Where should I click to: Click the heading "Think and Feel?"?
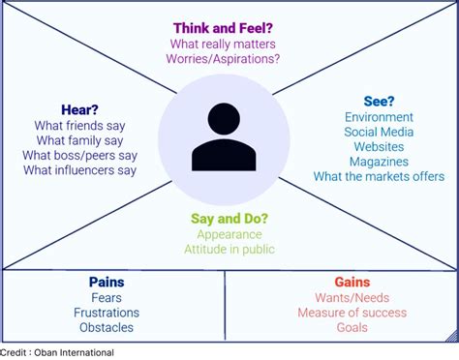pyautogui.click(x=224, y=28)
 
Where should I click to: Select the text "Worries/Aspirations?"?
pyautogui.click(x=224, y=59)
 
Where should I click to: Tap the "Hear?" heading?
pyautogui.click(x=80, y=109)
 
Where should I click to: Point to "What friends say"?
pyautogui.click(x=80, y=125)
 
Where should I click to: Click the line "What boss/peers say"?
pyautogui.click(x=80, y=155)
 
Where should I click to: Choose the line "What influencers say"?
pyautogui.click(x=80, y=170)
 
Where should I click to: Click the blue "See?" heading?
pyautogui.click(x=379, y=102)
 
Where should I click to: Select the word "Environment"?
pyautogui.click(x=379, y=117)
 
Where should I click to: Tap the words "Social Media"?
pyautogui.click(x=379, y=132)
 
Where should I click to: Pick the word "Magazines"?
pyautogui.click(x=379, y=162)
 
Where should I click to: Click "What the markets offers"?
pyautogui.click(x=379, y=176)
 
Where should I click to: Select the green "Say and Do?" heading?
pyautogui.click(x=229, y=219)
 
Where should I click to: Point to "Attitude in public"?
pyautogui.click(x=229, y=250)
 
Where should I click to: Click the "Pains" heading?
pyautogui.click(x=107, y=282)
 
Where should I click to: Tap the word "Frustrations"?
pyautogui.click(x=107, y=313)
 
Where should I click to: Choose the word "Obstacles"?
pyautogui.click(x=107, y=328)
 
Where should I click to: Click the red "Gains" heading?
pyautogui.click(x=352, y=282)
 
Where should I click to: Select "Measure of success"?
pyautogui.click(x=352, y=313)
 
